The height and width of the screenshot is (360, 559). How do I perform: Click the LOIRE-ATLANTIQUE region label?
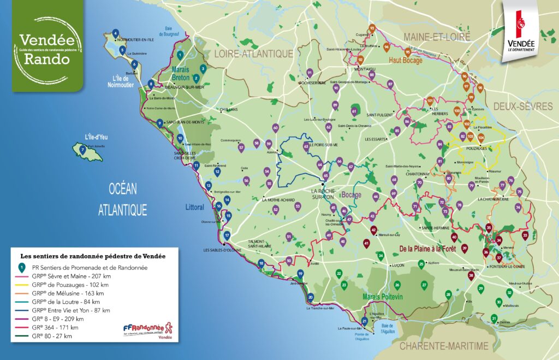pyautogui.click(x=253, y=54)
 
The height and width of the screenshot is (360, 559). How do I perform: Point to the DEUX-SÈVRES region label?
pyautogui.click(x=522, y=107)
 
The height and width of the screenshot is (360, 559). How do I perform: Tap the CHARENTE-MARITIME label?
pyautogui.click(x=443, y=346)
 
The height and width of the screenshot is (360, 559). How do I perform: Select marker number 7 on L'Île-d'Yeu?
pyautogui.click(x=82, y=149)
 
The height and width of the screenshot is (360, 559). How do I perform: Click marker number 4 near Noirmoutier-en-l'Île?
pyautogui.click(x=115, y=32)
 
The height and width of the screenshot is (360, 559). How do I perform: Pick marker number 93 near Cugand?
pyautogui.click(x=372, y=28)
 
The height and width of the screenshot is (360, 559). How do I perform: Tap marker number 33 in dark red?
pyautogui.click(x=525, y=235)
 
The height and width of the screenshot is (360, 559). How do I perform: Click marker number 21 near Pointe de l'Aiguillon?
pyautogui.click(x=364, y=321)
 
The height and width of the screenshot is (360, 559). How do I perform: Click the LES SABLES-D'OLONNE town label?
pyautogui.click(x=222, y=250)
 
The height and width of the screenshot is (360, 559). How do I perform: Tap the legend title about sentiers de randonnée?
pyautogui.click(x=93, y=255)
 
